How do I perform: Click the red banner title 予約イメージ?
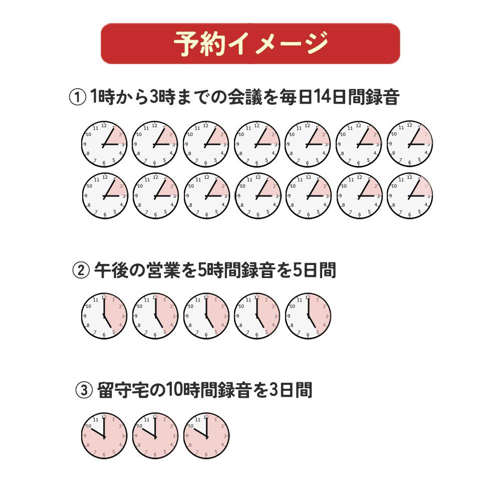coord(251,44)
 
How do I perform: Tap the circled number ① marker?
coord(77,97)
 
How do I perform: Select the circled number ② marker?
coord(81,271)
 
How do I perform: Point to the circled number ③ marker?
coord(84,390)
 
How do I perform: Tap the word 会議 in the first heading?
coord(245,97)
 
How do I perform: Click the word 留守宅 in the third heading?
coord(123,390)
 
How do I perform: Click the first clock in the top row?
coord(104,144)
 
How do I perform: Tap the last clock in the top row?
coord(410,144)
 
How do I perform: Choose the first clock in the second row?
coord(105,196)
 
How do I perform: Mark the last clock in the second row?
coord(410,196)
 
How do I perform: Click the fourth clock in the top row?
coord(257,144)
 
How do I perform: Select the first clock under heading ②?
coord(104,316)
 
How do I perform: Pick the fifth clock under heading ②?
coord(308,316)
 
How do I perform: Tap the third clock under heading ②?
coord(206,316)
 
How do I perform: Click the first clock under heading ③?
coord(104,436)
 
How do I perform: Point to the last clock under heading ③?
coord(206,436)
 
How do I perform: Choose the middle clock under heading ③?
coord(155,436)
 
